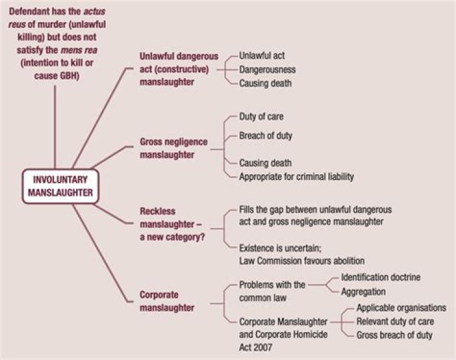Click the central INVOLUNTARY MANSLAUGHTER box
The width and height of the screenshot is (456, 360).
pos(61,186)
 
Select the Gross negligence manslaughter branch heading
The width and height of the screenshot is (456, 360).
pos(173,148)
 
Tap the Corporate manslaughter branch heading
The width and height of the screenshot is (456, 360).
pos(167,301)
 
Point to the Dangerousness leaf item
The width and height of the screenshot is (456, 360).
pos(267,70)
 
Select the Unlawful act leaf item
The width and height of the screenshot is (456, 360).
pos(262,56)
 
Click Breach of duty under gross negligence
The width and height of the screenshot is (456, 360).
pos(265,136)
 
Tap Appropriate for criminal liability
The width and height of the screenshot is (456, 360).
pos(296,177)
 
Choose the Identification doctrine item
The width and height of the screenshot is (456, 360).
pos(381,278)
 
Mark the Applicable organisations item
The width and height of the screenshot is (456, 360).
pos(401,308)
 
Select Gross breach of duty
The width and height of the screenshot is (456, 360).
pos(394,335)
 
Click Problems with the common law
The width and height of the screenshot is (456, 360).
pos(272,290)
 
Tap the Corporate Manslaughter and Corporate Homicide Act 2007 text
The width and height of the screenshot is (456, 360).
pos(282,334)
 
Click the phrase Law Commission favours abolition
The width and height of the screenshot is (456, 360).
pos(301,261)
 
